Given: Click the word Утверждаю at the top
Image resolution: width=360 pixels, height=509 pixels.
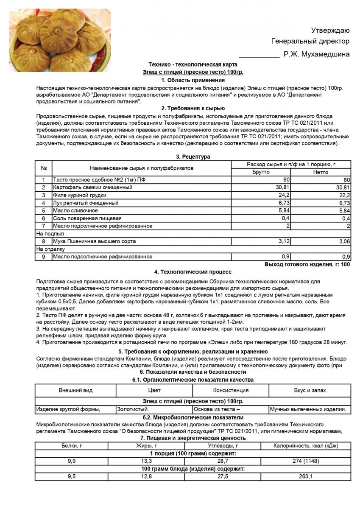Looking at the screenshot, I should pyautogui.click(x=330, y=30).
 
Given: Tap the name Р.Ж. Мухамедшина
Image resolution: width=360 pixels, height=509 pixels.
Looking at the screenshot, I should pyautogui.click(x=317, y=54).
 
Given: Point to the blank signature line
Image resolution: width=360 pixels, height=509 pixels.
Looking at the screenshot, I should pyautogui.click(x=259, y=55).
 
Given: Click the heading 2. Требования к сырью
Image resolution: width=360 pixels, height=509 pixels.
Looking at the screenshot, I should pyautogui.click(x=193, y=109).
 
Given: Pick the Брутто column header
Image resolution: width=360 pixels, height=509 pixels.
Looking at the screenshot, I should pyautogui.click(x=261, y=172).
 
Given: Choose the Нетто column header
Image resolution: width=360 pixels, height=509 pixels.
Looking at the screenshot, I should pyautogui.click(x=321, y=172).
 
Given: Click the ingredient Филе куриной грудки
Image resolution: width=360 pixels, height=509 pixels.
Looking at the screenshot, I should pyautogui.click(x=80, y=195).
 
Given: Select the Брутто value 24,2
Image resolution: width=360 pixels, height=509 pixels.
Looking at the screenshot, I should pyautogui.click(x=284, y=195).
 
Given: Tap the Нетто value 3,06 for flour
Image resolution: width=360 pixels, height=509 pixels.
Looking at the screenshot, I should pyautogui.click(x=344, y=241).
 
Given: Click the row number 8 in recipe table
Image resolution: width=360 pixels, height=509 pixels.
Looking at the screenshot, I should pyautogui.click(x=43, y=241).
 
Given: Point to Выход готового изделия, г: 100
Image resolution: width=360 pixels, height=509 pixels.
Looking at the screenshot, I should pyautogui.click(x=307, y=265).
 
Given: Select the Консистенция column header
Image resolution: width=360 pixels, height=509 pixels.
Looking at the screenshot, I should pyautogui.click(x=231, y=390).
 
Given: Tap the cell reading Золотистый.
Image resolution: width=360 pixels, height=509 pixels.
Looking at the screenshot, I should pyautogui.click(x=133, y=410).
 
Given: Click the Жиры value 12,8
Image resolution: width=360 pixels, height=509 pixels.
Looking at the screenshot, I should pyautogui.click(x=144, y=476).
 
